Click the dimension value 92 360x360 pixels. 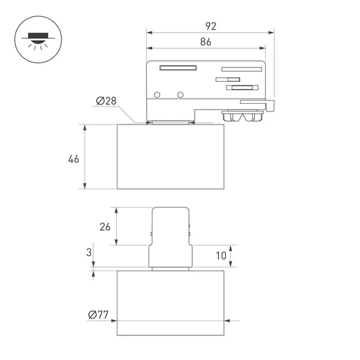click(211, 26)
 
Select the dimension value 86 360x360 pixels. click(206, 42)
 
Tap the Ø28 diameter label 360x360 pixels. click(106, 101)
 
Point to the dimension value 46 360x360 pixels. click(73, 159)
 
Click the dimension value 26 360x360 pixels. click(105, 227)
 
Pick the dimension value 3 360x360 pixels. click(89, 252)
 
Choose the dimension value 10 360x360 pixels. click(221, 256)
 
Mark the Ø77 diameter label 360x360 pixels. click(98, 315)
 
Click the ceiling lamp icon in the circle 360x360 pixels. click(38, 40)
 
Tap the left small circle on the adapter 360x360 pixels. click(157, 95)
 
